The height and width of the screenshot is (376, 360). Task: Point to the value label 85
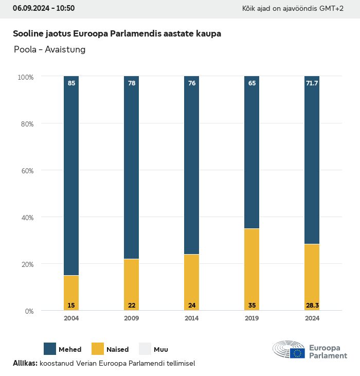click(x=71, y=83)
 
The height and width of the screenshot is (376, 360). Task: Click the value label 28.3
click(x=312, y=306)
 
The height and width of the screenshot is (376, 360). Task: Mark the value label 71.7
click(x=312, y=83)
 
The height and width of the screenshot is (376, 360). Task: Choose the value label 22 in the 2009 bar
click(x=132, y=306)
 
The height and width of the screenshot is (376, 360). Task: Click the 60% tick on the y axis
click(x=26, y=171)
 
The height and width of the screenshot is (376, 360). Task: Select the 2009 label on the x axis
click(x=132, y=318)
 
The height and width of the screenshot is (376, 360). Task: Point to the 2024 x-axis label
click(x=312, y=318)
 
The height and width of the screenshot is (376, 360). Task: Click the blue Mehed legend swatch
click(x=50, y=349)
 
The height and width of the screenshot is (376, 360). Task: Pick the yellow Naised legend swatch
click(x=97, y=349)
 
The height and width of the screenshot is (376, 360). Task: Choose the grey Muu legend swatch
click(x=145, y=349)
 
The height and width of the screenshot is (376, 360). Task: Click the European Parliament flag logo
click(x=297, y=353)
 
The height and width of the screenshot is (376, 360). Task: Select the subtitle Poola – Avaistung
click(x=49, y=50)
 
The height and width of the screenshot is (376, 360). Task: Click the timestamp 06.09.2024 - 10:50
click(x=44, y=8)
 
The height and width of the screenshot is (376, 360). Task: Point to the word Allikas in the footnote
click(x=25, y=363)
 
